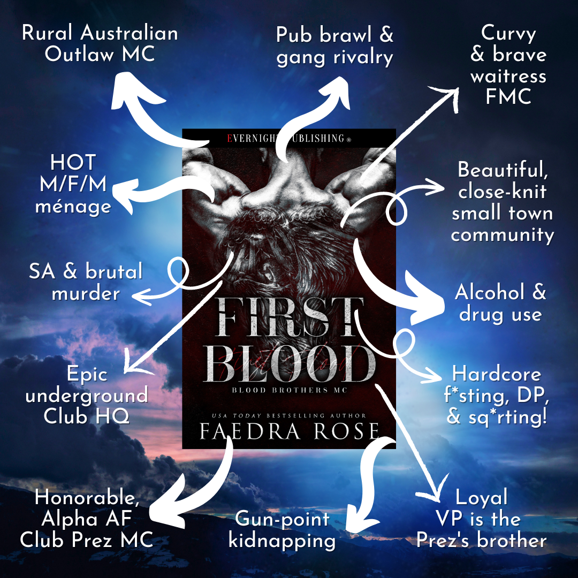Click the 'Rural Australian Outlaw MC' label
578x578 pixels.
coord(100,44)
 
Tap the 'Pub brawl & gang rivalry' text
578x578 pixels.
coord(335,46)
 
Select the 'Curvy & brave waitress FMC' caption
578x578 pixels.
coord(508,65)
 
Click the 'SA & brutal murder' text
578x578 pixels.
coord(86,282)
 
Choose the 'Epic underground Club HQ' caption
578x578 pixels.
coord(87,395)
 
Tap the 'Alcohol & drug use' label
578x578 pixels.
coord(500,303)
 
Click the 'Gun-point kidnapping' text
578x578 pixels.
coord(282,530)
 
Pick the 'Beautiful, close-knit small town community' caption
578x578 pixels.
coord(503,203)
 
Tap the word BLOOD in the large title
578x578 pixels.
coord(289,364)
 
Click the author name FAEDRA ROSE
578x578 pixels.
coord(290,431)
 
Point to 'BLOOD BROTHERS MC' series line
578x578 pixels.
coord(290,391)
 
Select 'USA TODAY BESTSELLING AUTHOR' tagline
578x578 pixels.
coord(289,415)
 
